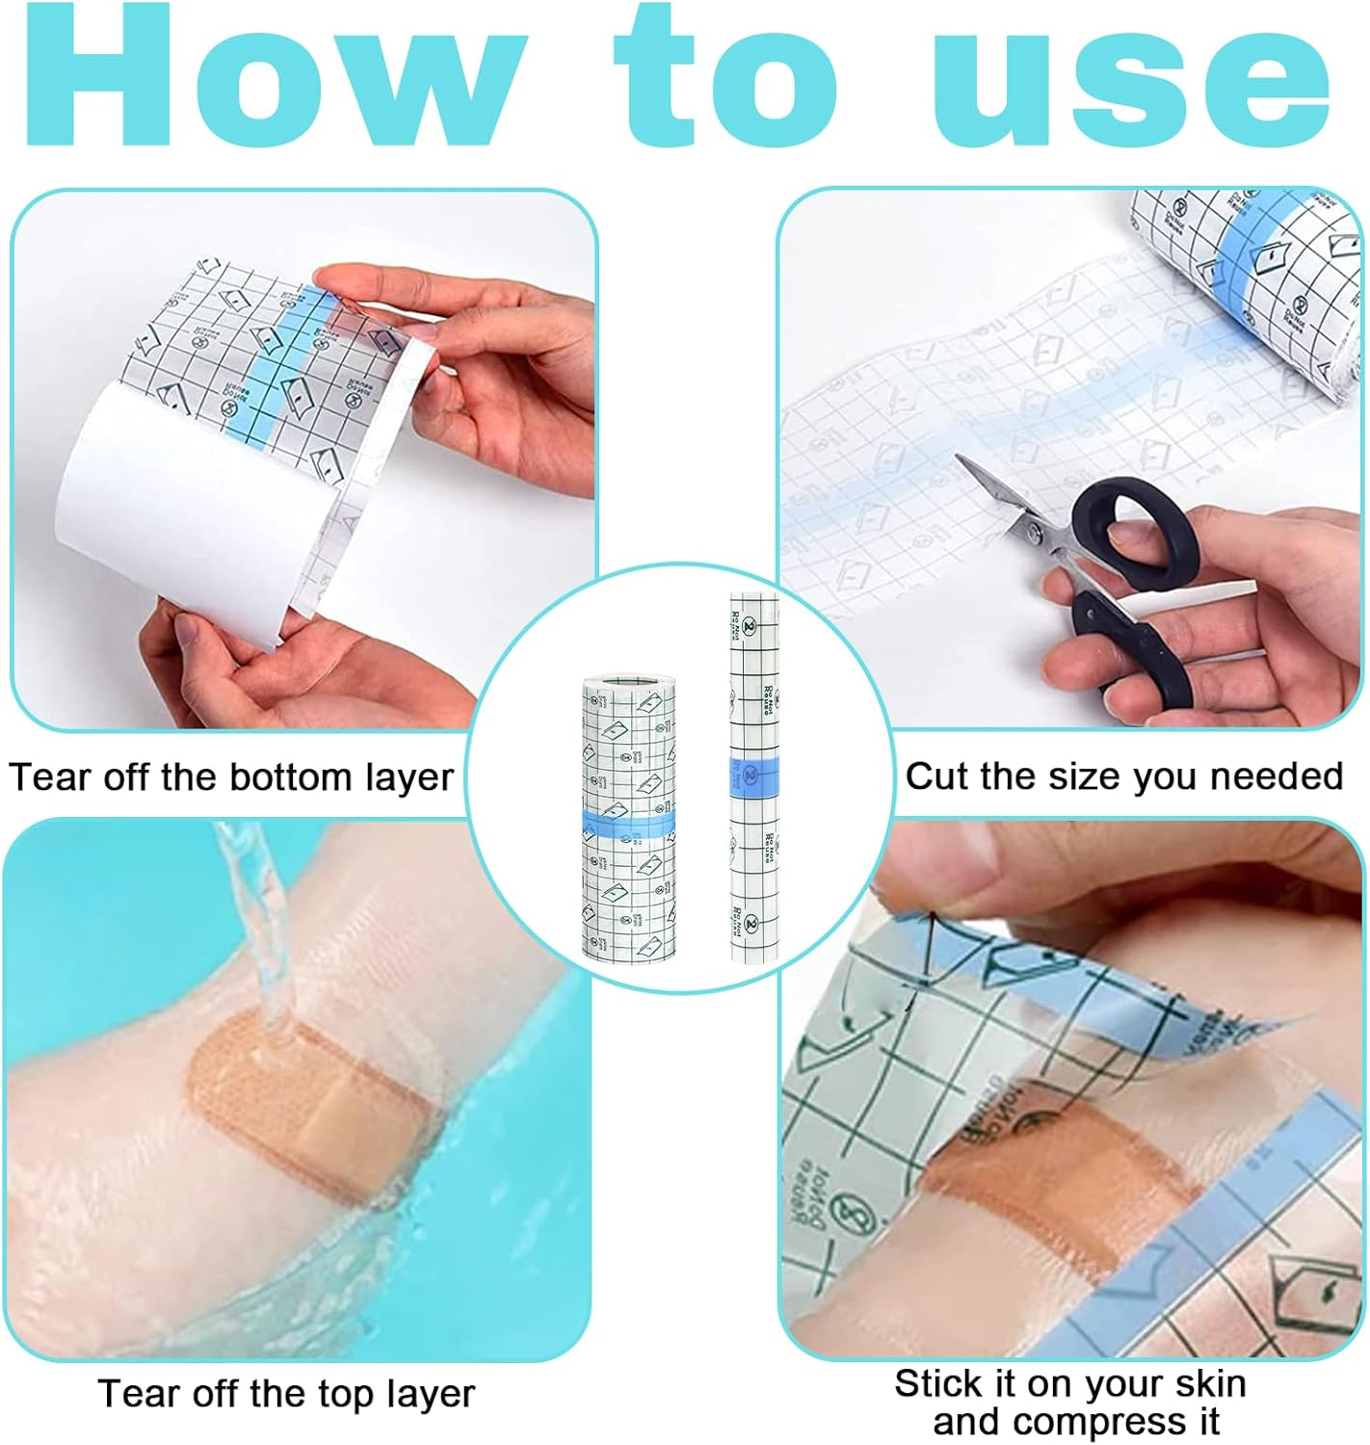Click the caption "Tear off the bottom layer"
pos(231,776)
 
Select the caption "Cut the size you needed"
pos(1123,775)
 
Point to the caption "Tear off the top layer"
pos(286,1393)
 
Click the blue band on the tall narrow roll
pos(753,774)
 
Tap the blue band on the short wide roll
pos(627,825)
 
